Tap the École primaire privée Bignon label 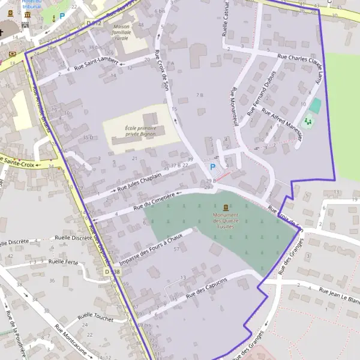tap(140, 131)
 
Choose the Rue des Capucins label tap(206, 289)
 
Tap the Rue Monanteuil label tap(235, 106)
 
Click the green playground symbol tap(308, 122)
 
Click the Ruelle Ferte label tap(64, 262)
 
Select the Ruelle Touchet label tap(95, 318)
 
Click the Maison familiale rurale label tap(121, 32)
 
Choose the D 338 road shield tap(112, 272)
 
